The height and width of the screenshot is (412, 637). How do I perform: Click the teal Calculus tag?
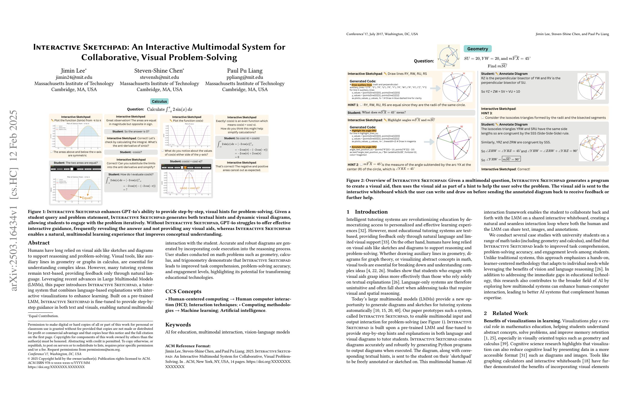[x=159, y=101]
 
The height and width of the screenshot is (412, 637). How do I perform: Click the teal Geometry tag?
[x=477, y=49]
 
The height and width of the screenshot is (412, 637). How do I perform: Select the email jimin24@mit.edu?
[x=74, y=77]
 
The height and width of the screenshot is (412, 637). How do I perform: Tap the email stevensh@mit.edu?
[x=159, y=77]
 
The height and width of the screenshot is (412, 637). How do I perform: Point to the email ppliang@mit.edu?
[x=245, y=77]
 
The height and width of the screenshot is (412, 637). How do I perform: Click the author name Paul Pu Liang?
[x=245, y=71]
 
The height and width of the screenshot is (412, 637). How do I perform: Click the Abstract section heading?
[x=39, y=243]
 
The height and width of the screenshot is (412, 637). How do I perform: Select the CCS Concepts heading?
[x=183, y=291]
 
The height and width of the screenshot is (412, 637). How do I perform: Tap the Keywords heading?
[x=178, y=325]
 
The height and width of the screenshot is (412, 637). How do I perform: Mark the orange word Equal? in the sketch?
[x=87, y=198]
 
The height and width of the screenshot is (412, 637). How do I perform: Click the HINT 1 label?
[x=353, y=105]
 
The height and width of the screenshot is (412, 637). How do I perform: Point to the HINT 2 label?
[x=353, y=165]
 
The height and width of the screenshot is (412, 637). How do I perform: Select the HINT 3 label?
[x=487, y=113]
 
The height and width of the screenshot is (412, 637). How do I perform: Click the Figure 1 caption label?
[x=37, y=212]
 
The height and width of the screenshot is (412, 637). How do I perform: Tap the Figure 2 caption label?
[x=355, y=180]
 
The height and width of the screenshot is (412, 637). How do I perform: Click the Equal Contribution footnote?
[x=43, y=316]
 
